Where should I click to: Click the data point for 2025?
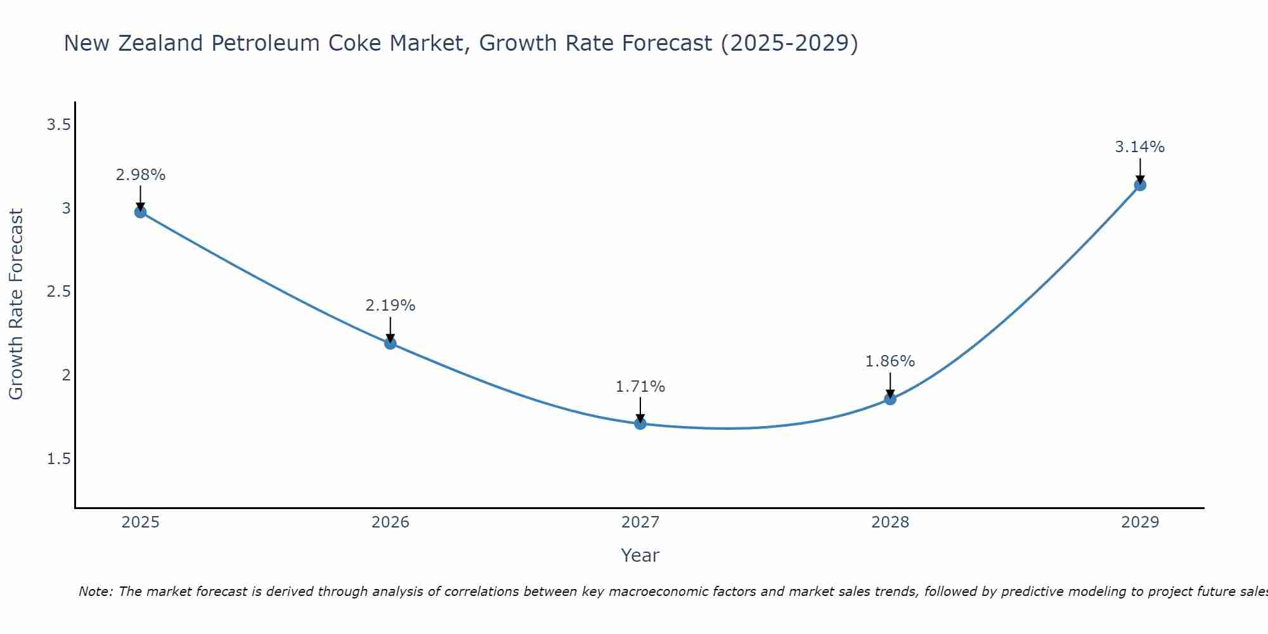[141, 212]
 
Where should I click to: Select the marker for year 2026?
[391, 344]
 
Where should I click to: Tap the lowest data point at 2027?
[640, 424]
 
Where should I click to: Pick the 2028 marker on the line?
[890, 399]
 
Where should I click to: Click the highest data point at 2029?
[1140, 185]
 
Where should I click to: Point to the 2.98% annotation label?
[141, 175]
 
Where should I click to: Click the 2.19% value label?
[391, 306]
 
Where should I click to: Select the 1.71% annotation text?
[640, 387]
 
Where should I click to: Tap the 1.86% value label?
[890, 361]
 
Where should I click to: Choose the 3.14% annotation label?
[1140, 147]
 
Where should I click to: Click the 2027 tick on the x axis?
[640, 522]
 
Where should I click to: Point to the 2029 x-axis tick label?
[1140, 522]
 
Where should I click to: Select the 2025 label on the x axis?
[141, 522]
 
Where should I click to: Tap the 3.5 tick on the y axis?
[58, 125]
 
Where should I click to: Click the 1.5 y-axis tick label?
[58, 459]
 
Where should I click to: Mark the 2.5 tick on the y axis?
[58, 292]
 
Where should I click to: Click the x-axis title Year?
[640, 555]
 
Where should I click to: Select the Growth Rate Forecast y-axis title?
[16, 304]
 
